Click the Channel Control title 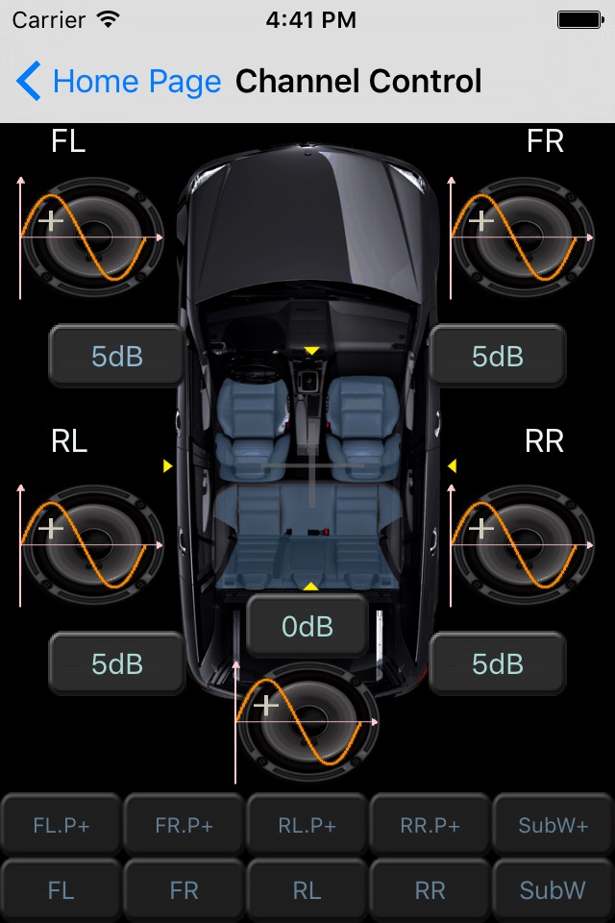[358, 81]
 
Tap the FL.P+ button [61, 825]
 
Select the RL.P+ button [307, 825]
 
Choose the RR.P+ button [430, 825]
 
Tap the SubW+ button [553, 825]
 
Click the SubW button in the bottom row [553, 890]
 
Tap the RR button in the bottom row [430, 890]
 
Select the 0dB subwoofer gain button [307, 626]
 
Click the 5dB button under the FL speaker [116, 356]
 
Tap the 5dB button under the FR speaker [498, 356]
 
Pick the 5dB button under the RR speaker [498, 664]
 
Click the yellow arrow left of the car [168, 465]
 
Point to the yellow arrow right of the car [452, 465]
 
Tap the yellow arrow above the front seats [311, 351]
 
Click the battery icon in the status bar [580, 20]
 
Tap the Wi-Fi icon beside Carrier [109, 19]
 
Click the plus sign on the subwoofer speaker [266, 704]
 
